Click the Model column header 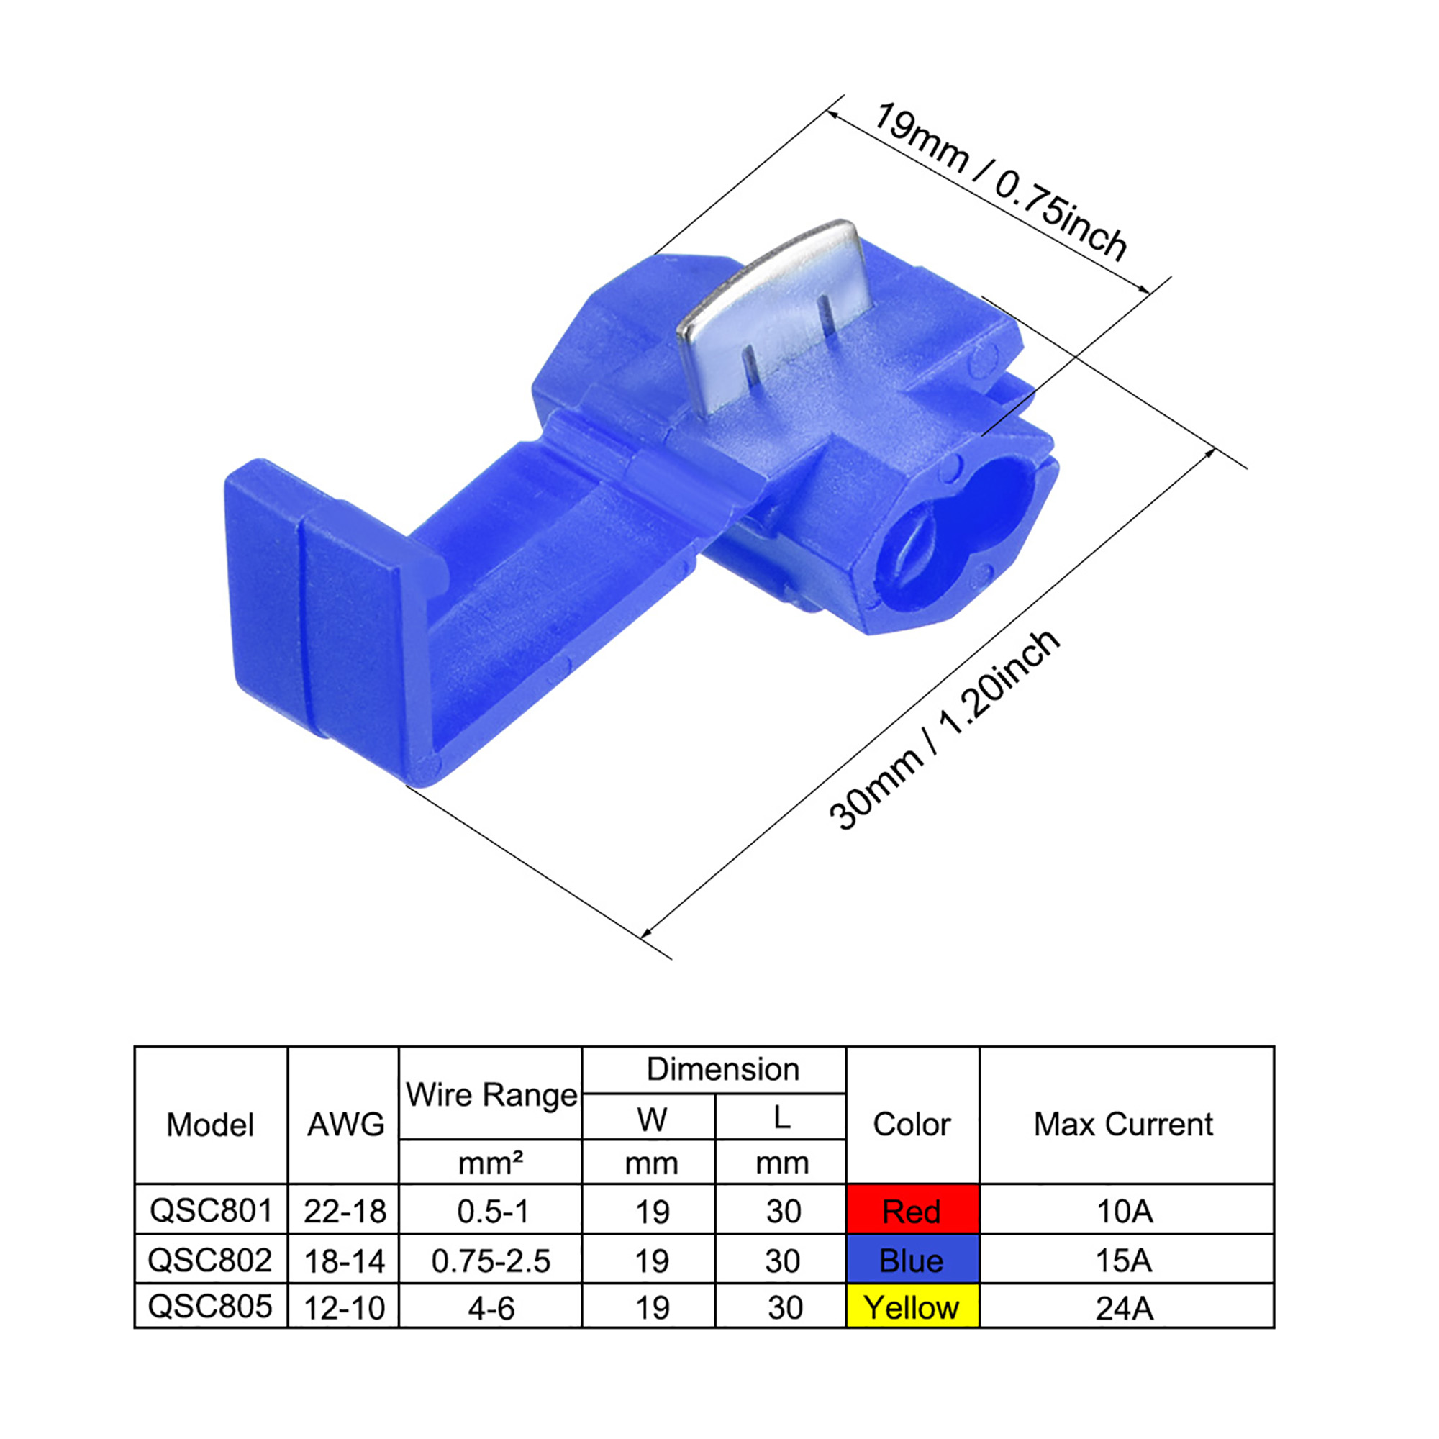210,1125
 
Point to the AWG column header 345,1125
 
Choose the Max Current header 1123,1124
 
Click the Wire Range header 491,1096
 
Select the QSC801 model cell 212,1210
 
